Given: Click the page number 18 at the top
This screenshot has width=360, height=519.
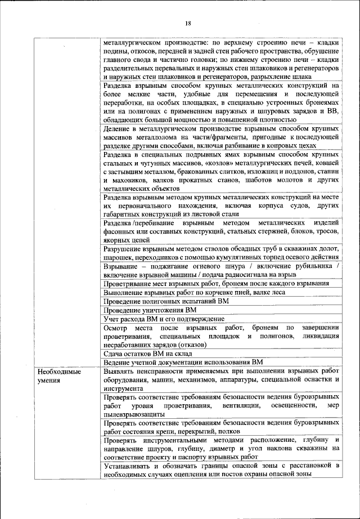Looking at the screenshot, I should pos(188,23).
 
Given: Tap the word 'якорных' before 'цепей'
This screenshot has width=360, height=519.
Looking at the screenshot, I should pos(118,239).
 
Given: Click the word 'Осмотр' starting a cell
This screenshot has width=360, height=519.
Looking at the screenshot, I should pos(117,328).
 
